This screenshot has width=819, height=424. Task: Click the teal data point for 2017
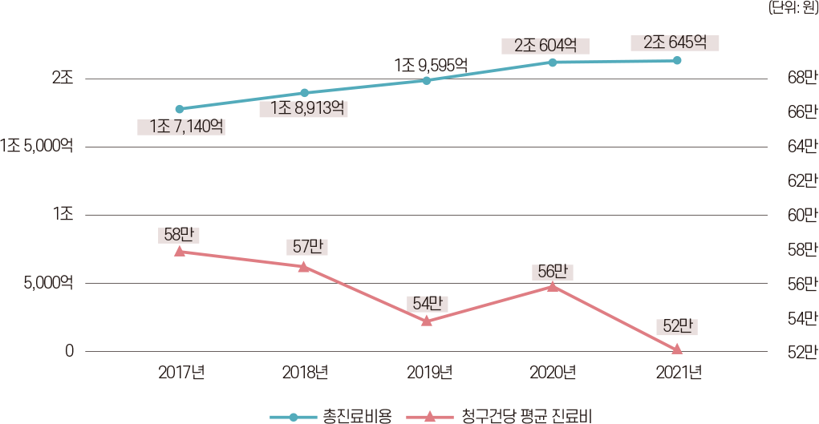tap(180, 109)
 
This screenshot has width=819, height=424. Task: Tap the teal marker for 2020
tap(553, 62)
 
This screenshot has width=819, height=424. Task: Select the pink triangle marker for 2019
tap(427, 321)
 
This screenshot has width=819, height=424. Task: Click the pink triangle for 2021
tap(677, 349)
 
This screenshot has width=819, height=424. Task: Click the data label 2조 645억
tap(675, 42)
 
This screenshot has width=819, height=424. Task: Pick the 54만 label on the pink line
tap(427, 304)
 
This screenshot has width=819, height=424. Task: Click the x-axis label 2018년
tap(305, 372)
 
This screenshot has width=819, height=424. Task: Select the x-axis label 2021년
tap(678, 372)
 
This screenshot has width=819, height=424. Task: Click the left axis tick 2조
tap(63, 79)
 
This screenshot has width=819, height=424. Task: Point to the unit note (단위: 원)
tap(793, 8)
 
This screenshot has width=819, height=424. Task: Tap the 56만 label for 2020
tap(553, 271)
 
